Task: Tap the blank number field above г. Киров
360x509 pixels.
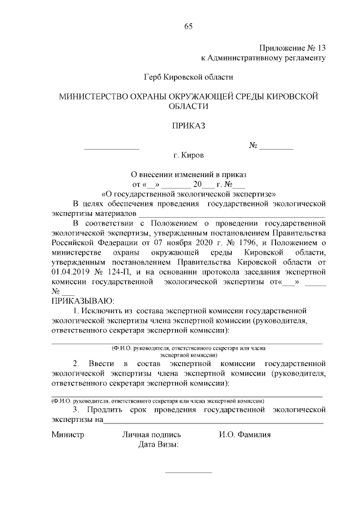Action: (276, 146)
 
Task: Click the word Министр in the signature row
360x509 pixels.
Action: (67, 435)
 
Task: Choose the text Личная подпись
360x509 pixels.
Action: (151, 435)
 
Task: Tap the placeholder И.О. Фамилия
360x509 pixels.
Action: (245, 435)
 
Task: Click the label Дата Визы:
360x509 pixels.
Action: (159, 445)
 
